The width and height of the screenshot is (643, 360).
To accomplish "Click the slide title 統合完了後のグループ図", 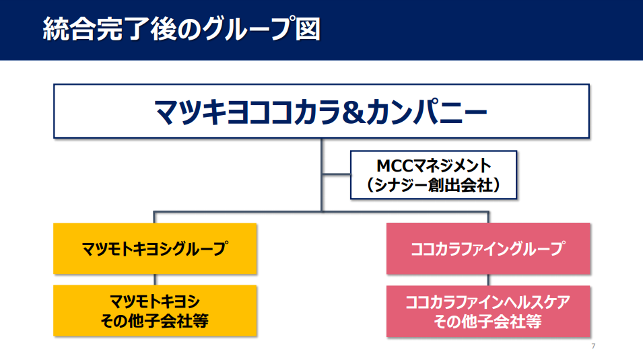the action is click(x=181, y=29).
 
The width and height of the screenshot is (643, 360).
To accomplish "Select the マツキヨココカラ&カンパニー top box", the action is click(x=322, y=111).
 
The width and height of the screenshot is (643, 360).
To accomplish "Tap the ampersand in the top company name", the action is click(x=353, y=112).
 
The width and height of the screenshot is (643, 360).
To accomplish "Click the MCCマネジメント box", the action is click(x=434, y=175).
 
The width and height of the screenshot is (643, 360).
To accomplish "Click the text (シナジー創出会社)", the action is click(x=434, y=185).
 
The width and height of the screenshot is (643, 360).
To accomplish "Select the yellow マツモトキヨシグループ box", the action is click(x=155, y=248).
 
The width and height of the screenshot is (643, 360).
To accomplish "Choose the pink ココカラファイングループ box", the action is click(x=488, y=248).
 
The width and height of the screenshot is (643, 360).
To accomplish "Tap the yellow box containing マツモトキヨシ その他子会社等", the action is click(x=155, y=311).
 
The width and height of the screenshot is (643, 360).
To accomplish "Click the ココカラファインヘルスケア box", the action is click(x=488, y=311).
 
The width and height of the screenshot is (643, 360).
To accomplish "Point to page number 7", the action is click(x=593, y=347).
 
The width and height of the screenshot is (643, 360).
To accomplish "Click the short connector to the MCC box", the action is click(x=336, y=174).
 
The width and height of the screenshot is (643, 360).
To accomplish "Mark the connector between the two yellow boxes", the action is click(x=155, y=280).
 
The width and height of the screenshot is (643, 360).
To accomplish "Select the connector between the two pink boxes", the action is click(x=488, y=280).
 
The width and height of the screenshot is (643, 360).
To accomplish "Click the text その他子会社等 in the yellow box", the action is click(x=155, y=321).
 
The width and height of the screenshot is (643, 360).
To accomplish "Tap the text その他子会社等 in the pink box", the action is click(x=488, y=322).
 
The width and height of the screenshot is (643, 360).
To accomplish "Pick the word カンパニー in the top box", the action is click(x=426, y=112).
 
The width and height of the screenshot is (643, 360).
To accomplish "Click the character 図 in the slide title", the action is click(x=308, y=29).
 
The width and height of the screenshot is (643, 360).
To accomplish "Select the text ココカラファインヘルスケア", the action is click(x=488, y=302).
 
